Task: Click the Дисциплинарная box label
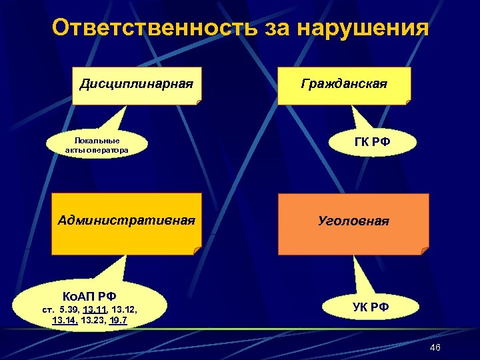coord(136,85)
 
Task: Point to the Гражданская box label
coord(344,85)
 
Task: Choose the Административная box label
coord(127,219)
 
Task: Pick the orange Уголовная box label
coord(353,221)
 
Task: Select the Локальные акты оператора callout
coord(97,145)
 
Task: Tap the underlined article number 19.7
coord(120,321)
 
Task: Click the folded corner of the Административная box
coord(197,250)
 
